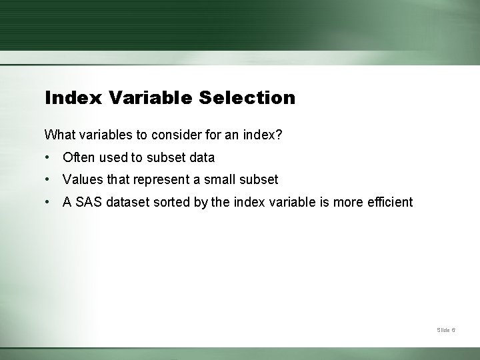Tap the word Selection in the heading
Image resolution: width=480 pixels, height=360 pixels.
click(x=247, y=98)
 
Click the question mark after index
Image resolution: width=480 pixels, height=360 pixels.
click(x=279, y=135)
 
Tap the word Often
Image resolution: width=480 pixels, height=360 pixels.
click(x=79, y=158)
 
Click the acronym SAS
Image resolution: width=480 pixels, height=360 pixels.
click(x=88, y=202)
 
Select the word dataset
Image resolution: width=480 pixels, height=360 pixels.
click(x=129, y=202)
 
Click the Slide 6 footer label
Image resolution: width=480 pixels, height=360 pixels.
click(x=446, y=330)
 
